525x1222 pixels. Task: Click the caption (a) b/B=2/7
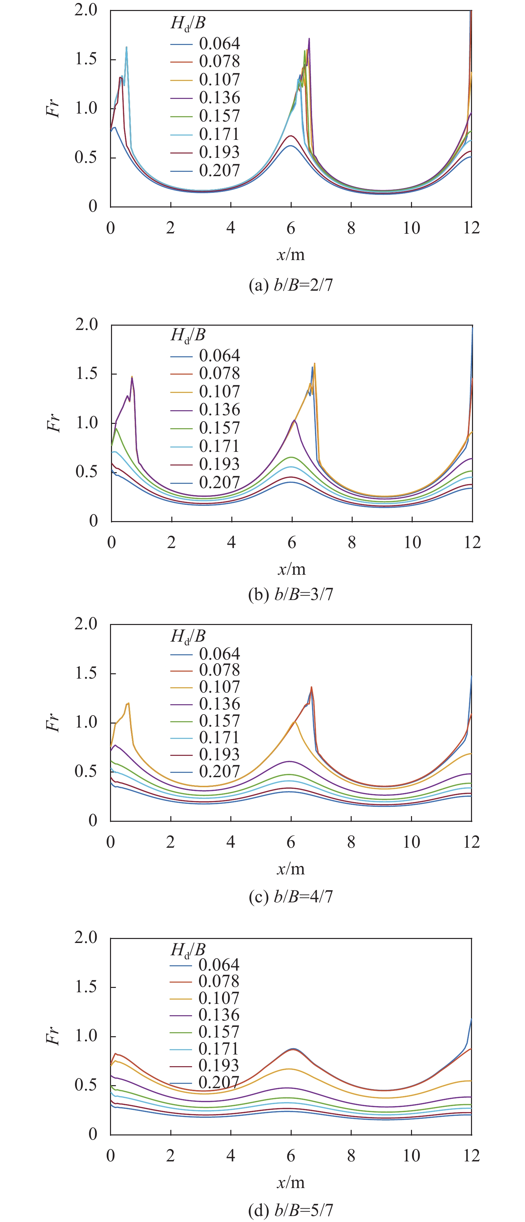pos(291,285)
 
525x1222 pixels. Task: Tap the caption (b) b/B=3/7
pos(291,594)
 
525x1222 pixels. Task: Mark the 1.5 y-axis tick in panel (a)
pos(85,59)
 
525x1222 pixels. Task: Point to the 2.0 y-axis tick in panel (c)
pos(85,623)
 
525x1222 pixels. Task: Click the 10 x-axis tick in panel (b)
pos(412,542)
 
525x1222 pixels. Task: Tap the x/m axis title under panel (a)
pos(291,255)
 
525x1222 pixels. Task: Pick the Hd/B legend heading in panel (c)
pos(188,637)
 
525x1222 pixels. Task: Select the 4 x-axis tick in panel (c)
pos(231,842)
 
